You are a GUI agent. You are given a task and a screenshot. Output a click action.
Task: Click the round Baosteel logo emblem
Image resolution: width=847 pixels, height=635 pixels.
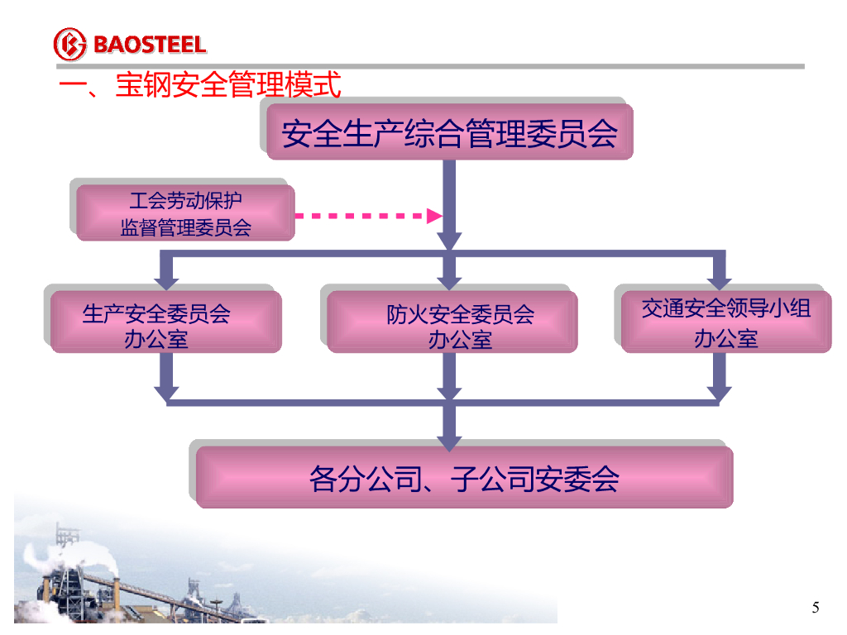click(x=69, y=44)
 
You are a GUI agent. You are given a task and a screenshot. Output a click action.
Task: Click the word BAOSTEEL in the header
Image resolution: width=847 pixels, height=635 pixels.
click(x=149, y=45)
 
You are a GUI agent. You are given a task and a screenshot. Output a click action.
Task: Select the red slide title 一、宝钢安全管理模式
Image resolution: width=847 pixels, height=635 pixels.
click(x=199, y=85)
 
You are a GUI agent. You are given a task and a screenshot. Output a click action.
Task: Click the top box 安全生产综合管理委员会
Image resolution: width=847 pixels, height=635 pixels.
click(x=449, y=132)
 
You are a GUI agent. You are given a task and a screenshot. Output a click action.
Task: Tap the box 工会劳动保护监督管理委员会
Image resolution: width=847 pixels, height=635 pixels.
click(x=185, y=213)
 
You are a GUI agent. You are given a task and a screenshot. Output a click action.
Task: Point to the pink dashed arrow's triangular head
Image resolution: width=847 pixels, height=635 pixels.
click(x=434, y=217)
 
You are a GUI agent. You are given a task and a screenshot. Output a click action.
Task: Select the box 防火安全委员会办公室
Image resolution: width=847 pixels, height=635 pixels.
click(x=452, y=323)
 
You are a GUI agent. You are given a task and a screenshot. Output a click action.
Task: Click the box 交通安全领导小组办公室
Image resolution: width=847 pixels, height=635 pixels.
click(x=725, y=322)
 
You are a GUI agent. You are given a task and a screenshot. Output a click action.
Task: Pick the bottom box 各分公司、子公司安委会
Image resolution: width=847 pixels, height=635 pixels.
click(x=464, y=478)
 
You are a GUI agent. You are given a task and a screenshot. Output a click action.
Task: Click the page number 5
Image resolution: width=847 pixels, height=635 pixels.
click(x=816, y=609)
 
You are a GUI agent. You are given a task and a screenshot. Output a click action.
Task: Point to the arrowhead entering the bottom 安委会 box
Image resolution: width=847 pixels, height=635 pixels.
click(x=449, y=439)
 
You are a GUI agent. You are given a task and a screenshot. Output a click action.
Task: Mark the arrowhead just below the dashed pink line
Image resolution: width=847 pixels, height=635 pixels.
click(x=449, y=240)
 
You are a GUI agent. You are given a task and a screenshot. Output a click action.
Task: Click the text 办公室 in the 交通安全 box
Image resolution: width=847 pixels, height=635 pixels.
click(x=725, y=338)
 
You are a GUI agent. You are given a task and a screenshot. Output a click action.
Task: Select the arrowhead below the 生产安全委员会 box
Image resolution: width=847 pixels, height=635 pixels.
click(x=166, y=392)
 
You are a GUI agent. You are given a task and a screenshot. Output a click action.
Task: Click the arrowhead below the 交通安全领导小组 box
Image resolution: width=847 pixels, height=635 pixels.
click(x=719, y=392)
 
